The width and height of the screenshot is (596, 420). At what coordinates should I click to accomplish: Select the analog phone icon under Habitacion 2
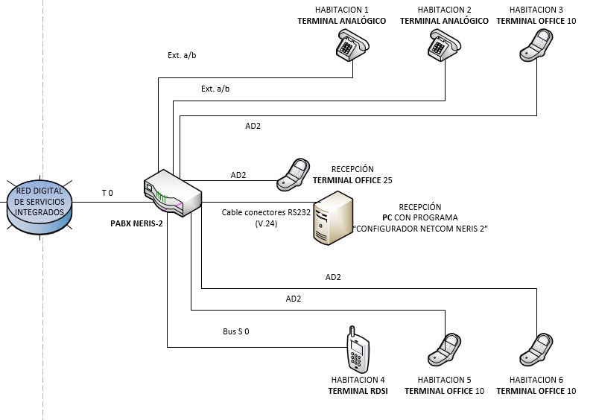tap(445, 47)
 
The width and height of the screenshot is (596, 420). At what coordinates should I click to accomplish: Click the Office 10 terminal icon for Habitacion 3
tap(537, 47)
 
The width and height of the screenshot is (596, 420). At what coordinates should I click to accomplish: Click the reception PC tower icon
tap(332, 217)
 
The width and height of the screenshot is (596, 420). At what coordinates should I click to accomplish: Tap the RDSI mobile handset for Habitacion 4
tap(358, 349)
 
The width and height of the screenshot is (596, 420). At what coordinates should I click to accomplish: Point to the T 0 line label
tap(107, 194)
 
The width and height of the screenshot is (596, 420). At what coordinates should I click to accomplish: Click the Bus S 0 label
tap(235, 331)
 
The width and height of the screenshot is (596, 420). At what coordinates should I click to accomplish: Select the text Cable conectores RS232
tap(264, 212)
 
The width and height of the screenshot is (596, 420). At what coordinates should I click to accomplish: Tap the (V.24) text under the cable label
tap(266, 223)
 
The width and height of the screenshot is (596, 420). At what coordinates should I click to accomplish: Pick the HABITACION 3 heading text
tap(536, 10)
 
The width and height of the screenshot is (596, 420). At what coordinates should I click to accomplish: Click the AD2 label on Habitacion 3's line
tap(253, 126)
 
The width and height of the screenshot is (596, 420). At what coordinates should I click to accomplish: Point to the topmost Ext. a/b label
tap(183, 55)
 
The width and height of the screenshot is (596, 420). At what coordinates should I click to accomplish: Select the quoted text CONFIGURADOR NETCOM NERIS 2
tap(420, 229)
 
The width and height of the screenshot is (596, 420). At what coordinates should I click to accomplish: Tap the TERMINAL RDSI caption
tap(358, 391)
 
